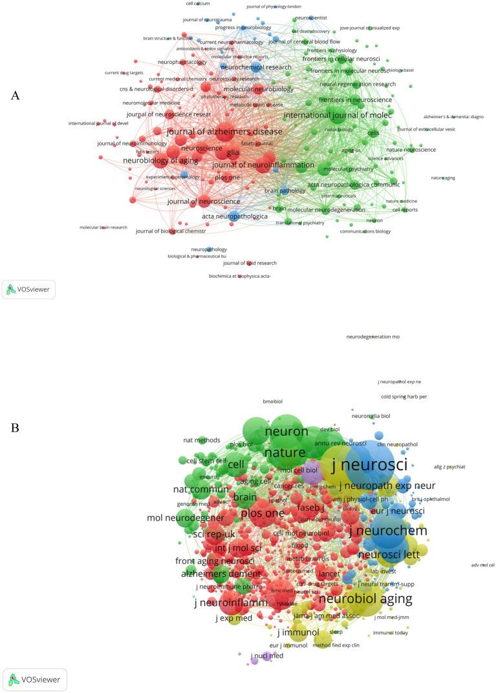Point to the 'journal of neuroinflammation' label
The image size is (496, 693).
coord(254,165)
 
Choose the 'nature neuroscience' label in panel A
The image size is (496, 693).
coord(411,150)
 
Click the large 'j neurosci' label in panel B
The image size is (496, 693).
coord(369,464)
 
